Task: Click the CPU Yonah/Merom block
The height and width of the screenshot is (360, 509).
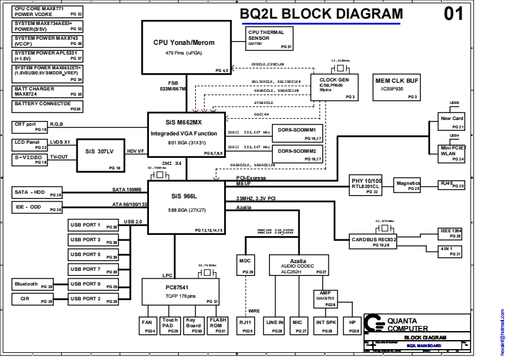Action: [x=184, y=47]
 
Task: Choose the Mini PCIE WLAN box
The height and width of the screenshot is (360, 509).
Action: [x=452, y=151]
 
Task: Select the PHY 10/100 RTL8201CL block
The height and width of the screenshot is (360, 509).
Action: [x=367, y=185]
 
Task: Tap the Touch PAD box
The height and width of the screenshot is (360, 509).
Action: [x=170, y=325]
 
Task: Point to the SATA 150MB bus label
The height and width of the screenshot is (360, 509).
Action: [x=127, y=189]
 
